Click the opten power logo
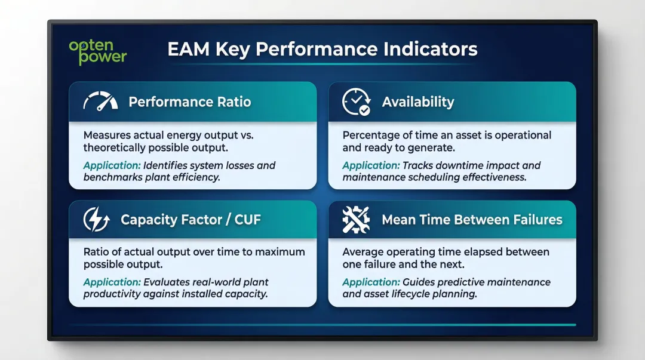click(98, 51)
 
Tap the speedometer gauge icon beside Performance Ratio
click(100, 102)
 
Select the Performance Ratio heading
click(189, 101)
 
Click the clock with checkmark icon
click(356, 102)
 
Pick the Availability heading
click(418, 102)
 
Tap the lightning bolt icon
click(97, 220)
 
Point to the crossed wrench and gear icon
click(356, 220)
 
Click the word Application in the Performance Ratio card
click(112, 165)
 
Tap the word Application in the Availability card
click(371, 165)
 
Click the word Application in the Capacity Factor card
click(112, 282)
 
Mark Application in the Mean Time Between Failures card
click(371, 282)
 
